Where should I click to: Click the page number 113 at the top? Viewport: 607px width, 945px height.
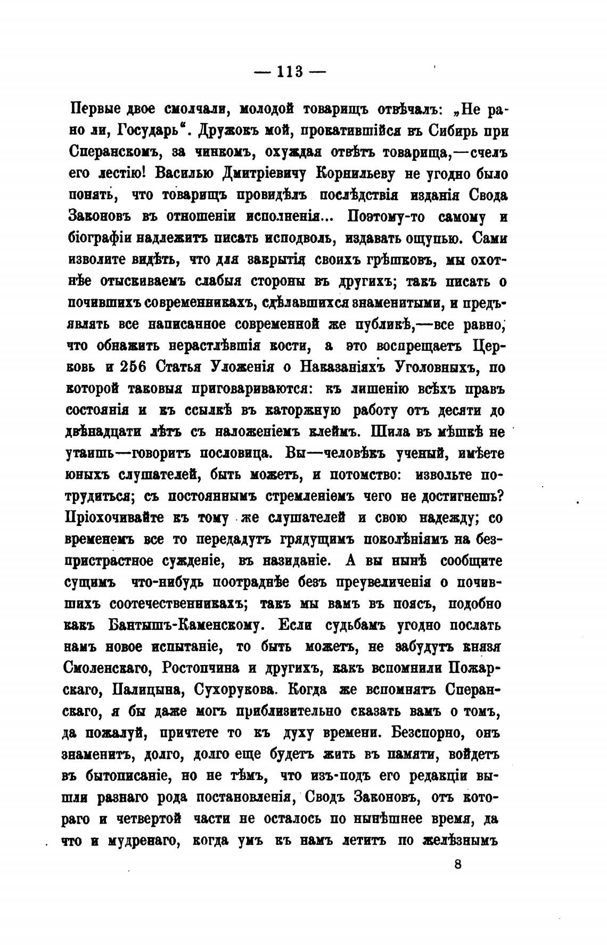[290, 71]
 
